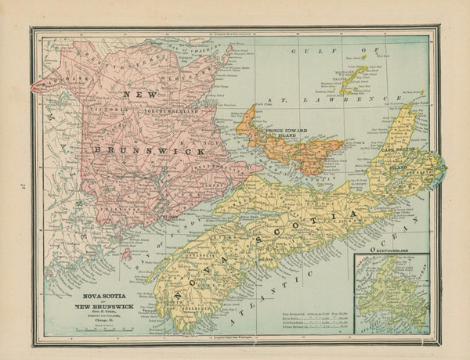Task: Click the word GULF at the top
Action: (307, 49)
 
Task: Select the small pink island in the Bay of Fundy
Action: (126, 254)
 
